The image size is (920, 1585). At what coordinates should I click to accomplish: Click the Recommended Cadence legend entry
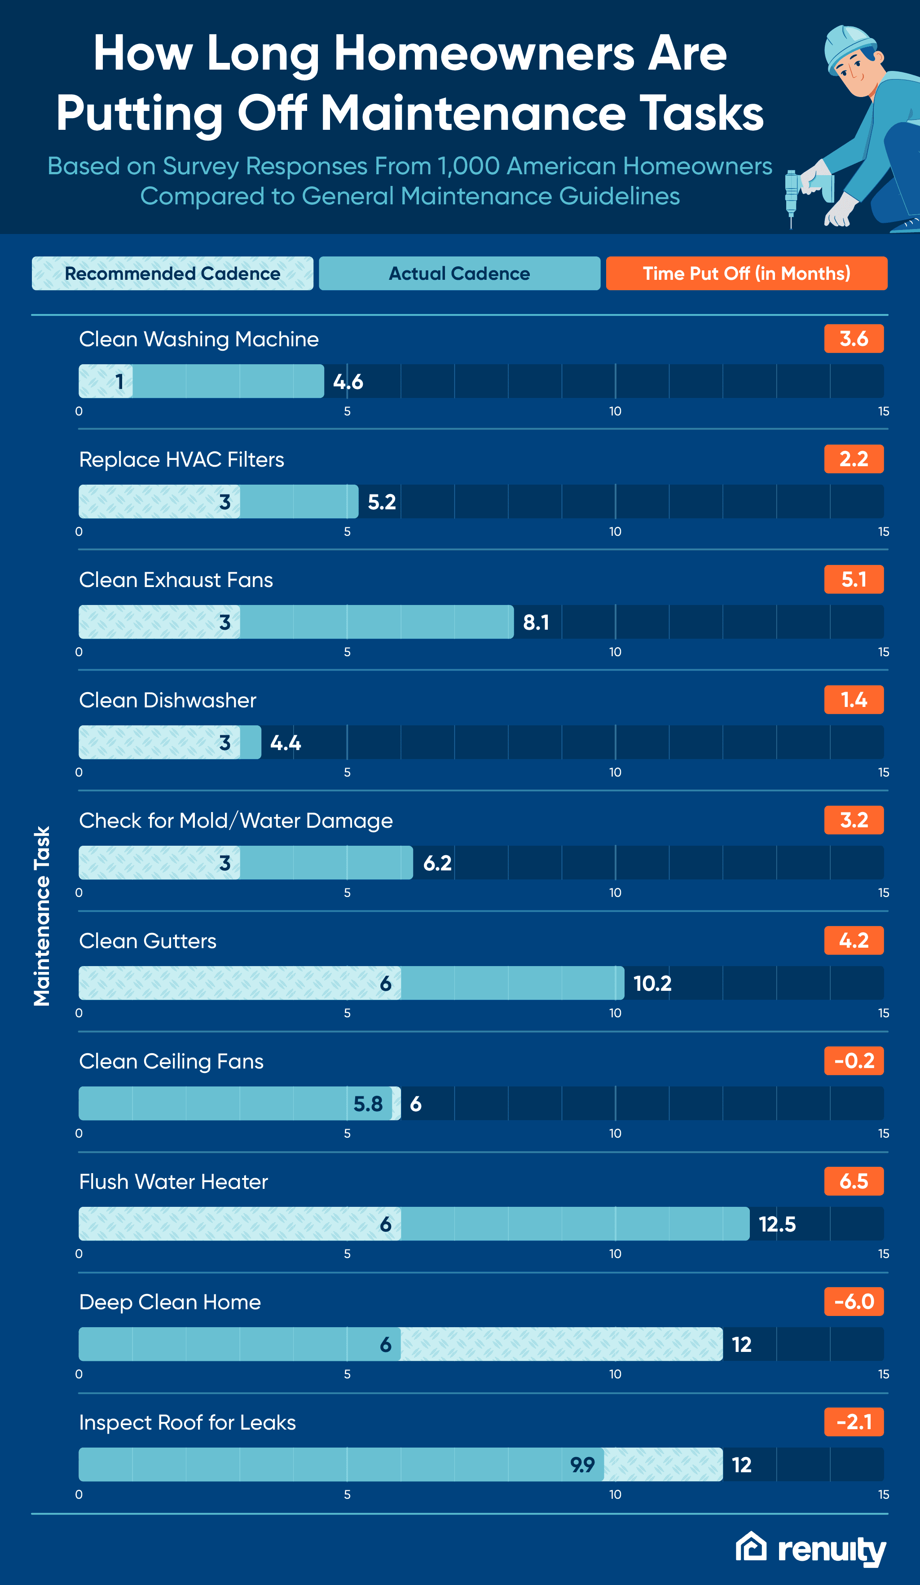[172, 274]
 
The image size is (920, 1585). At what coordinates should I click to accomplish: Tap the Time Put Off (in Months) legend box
[746, 274]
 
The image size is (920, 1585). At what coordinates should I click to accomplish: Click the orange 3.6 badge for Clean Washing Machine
[854, 339]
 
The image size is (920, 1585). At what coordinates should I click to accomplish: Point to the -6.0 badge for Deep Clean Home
[854, 1301]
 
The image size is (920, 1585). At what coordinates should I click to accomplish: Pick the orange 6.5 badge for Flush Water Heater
[854, 1181]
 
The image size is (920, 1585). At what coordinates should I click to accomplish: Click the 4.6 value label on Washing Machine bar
[348, 382]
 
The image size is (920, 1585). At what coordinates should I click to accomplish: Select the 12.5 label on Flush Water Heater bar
[777, 1224]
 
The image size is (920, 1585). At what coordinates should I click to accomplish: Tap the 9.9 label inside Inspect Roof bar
[582, 1465]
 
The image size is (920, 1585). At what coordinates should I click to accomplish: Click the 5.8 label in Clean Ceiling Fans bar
[368, 1104]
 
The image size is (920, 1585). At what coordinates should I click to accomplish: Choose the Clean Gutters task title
[148, 941]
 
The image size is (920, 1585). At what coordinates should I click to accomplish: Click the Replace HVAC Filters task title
[182, 460]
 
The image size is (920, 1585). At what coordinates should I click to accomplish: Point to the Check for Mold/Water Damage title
[236, 821]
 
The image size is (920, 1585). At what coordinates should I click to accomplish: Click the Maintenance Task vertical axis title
[41, 916]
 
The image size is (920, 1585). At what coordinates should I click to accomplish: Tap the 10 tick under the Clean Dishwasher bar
[615, 773]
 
